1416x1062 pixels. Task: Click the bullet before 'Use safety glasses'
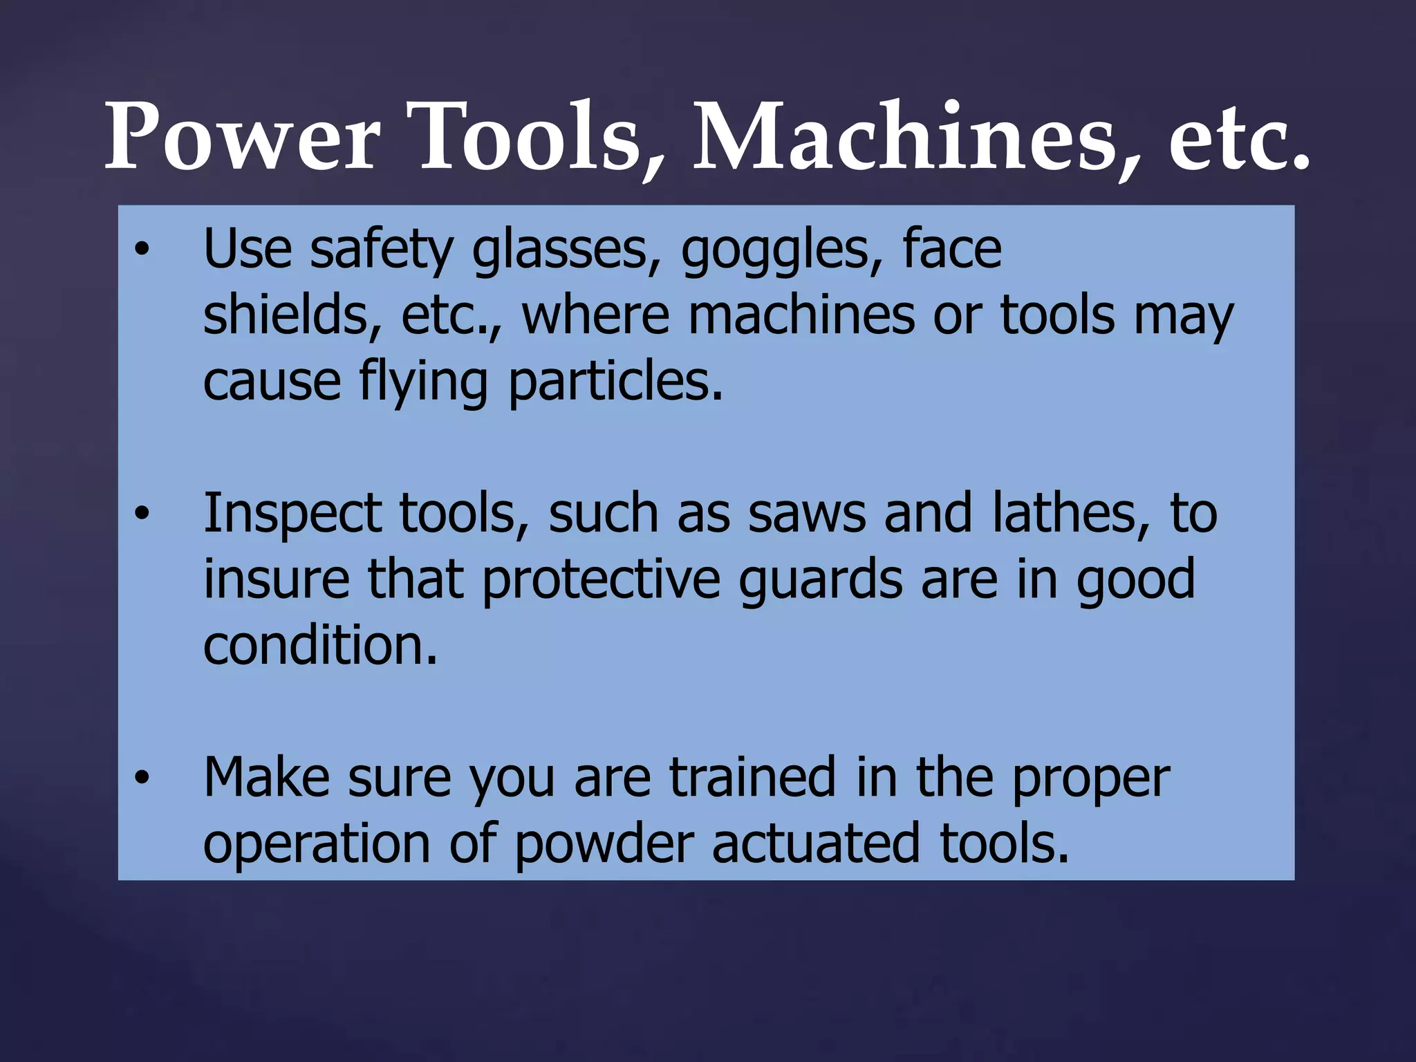142,250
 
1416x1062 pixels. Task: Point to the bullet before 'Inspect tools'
142,514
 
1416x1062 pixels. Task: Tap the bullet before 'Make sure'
142,778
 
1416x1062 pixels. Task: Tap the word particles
615,382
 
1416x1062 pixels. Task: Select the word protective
602,579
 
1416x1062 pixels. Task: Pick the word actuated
816,844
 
